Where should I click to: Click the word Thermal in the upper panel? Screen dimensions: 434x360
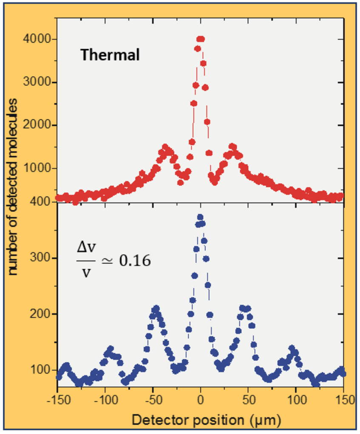tap(110, 55)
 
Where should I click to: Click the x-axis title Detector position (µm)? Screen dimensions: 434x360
tap(206, 420)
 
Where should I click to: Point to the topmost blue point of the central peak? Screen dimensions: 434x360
tap(200, 217)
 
